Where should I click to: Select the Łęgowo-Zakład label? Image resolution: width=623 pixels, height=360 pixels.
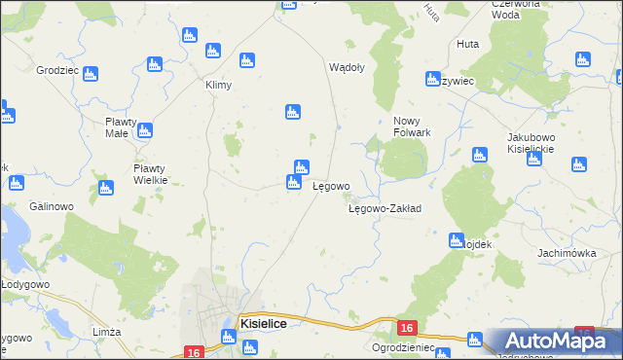(x=385, y=208)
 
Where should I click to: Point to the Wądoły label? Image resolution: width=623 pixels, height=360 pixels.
(x=348, y=68)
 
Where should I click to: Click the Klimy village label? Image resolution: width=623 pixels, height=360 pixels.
(x=218, y=85)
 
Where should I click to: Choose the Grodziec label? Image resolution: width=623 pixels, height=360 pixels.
(x=57, y=72)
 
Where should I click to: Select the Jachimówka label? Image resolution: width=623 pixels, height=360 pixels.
(x=566, y=252)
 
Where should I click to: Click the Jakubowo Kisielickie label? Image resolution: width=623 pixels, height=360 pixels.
(x=531, y=143)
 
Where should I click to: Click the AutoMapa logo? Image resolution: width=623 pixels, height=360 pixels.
(x=560, y=342)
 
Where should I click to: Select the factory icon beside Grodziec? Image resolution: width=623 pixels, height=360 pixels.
(x=91, y=73)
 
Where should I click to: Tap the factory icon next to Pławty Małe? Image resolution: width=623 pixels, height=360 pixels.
(x=145, y=130)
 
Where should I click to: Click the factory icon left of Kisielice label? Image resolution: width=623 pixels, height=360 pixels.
(x=228, y=337)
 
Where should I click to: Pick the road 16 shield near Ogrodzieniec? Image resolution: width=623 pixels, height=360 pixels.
(x=408, y=329)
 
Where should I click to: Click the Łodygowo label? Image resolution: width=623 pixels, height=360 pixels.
(x=23, y=284)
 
